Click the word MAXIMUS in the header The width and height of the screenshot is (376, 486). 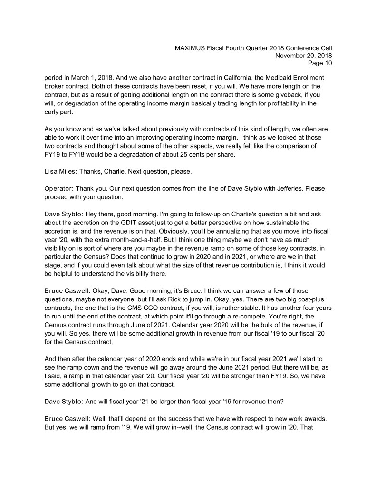tap(192, 48)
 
